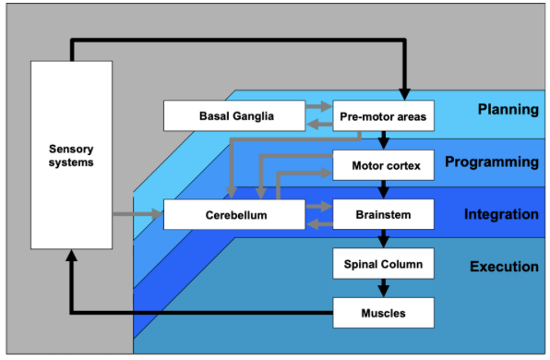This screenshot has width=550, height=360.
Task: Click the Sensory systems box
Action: [x=71, y=155]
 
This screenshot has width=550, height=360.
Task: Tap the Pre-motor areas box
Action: [x=382, y=116]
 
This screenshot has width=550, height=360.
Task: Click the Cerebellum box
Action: [x=235, y=215]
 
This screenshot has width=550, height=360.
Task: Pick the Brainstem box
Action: [x=382, y=215]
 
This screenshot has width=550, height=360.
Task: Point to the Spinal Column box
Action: [x=382, y=264]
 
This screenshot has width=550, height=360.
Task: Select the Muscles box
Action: [x=382, y=313]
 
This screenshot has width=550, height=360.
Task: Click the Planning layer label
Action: [x=508, y=110]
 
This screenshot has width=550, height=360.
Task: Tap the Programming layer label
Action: [x=491, y=162]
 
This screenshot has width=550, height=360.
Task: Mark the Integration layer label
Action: [x=501, y=215]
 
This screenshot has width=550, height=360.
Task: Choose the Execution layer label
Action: [x=504, y=267]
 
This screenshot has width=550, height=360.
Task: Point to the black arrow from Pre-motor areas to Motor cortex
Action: [x=383, y=141]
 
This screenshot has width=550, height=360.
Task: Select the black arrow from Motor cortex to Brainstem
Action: [x=383, y=190]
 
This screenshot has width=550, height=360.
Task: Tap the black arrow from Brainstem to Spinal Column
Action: [x=383, y=239]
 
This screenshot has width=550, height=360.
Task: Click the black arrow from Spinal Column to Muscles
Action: [x=383, y=288]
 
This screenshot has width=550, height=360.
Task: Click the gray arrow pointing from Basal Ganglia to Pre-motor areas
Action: [x=317, y=108]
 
